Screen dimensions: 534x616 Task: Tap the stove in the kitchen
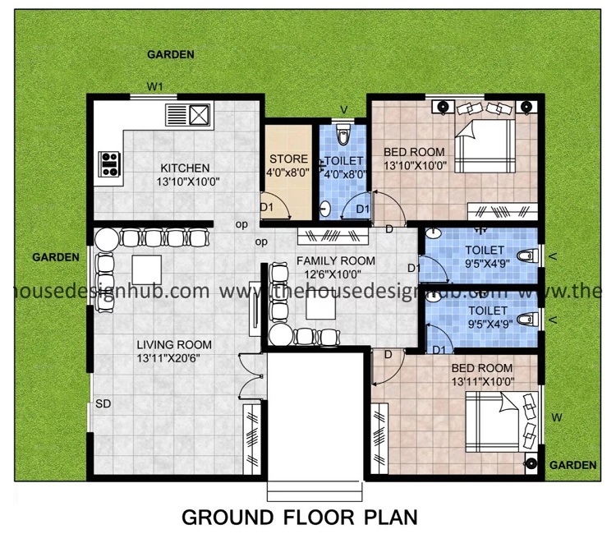(108, 164)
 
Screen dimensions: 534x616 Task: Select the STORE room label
(287, 159)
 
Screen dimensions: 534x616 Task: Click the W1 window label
(156, 86)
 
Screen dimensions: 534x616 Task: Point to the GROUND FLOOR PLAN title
(299, 518)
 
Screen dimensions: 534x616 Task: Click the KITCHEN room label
(185, 168)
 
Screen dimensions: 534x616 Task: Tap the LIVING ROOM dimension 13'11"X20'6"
(174, 358)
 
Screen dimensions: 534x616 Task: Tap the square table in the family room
(319, 306)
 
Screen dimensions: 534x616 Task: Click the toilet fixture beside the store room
(344, 136)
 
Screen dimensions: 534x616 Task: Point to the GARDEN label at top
(170, 55)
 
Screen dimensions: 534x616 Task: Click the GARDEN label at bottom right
(572, 465)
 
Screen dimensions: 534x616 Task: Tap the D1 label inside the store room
(266, 208)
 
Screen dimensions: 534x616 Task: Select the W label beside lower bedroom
(556, 418)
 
